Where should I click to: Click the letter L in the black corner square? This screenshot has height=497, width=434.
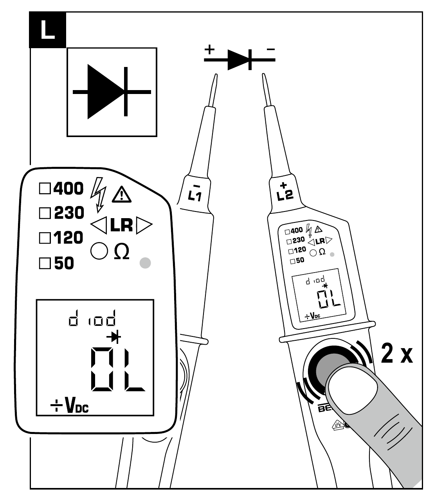click(x=47, y=30)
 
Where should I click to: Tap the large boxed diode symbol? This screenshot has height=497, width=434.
click(x=112, y=92)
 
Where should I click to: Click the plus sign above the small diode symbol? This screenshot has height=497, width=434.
click(x=210, y=50)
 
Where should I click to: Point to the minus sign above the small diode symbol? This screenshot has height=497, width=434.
click(x=270, y=50)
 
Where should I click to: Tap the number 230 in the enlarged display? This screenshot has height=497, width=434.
click(x=69, y=213)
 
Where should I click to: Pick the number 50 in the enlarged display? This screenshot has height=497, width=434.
click(x=64, y=263)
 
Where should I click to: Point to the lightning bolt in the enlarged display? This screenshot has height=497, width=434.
click(x=98, y=194)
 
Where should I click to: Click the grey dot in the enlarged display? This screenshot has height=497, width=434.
click(x=145, y=263)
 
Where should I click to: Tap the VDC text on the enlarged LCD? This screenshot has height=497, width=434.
click(x=77, y=407)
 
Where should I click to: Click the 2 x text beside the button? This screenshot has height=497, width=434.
click(x=396, y=354)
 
